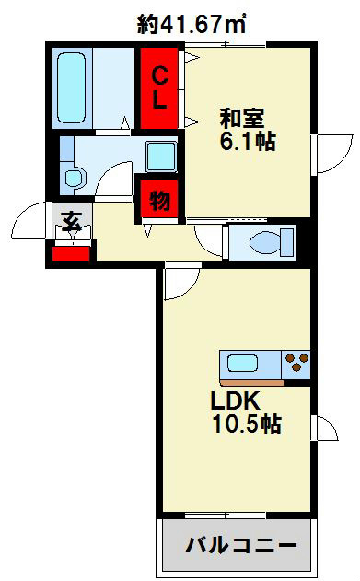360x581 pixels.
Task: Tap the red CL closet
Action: [160, 88]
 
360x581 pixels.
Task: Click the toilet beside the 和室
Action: [261, 242]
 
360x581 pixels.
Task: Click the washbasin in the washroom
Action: [71, 174]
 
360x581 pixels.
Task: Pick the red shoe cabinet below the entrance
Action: [70, 251]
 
